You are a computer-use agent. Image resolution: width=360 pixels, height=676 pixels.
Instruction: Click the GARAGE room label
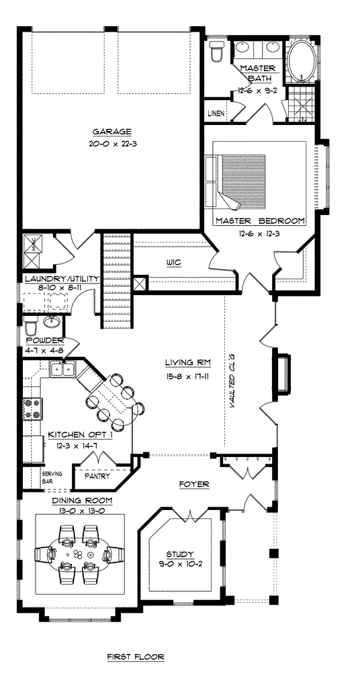tap(111, 132)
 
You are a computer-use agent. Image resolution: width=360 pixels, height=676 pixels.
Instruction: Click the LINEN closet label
tap(216, 114)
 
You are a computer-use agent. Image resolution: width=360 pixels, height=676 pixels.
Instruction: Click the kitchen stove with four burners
tap(33, 409)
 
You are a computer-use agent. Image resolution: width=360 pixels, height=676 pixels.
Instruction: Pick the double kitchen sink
tap(62, 369)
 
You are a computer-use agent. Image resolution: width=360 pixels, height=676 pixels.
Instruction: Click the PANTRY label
tap(97, 476)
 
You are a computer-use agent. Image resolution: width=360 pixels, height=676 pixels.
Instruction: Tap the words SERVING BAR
tap(52, 477)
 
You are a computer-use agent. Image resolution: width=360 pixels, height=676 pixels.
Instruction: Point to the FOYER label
tap(194, 484)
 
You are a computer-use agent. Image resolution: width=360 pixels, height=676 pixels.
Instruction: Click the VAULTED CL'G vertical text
tap(232, 380)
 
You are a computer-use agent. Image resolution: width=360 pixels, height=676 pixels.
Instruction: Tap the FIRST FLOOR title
tap(136, 657)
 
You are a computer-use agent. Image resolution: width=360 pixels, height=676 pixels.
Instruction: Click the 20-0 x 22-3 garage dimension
tap(111, 144)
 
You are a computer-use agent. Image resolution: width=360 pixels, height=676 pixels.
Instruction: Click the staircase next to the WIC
tap(116, 276)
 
